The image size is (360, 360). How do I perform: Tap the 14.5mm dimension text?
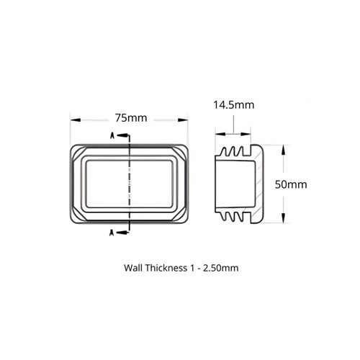233,105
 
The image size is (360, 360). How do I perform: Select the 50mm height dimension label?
292,184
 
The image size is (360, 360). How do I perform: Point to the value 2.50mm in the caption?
219,268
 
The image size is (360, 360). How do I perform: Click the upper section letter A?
112,135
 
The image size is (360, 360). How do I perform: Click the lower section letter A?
112,232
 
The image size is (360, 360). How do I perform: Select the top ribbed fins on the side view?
234,152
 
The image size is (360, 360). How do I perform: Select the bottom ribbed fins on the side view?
234,216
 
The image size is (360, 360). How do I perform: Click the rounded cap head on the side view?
264,184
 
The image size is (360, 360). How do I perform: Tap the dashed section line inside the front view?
129,184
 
